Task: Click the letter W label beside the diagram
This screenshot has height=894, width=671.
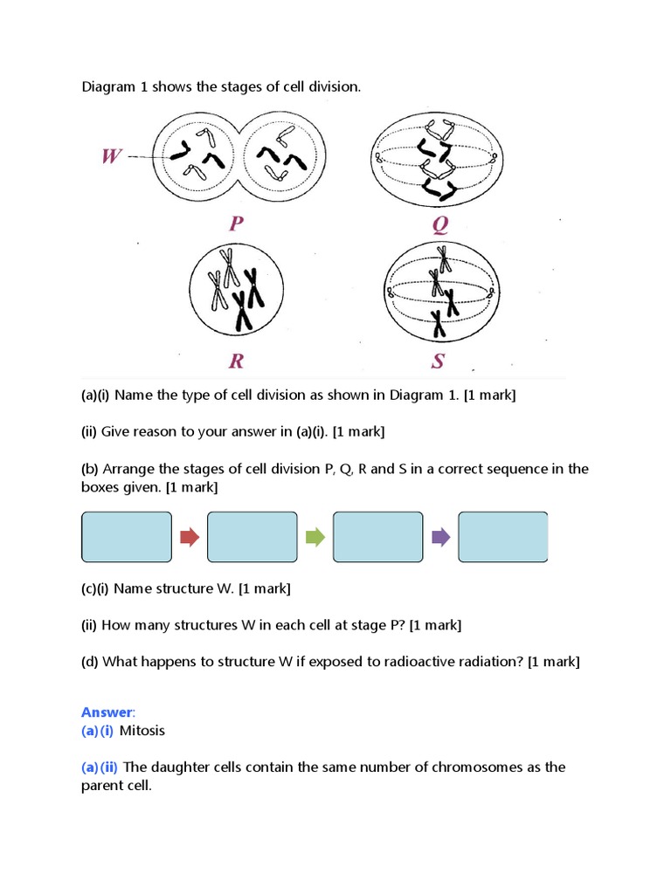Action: tap(111, 157)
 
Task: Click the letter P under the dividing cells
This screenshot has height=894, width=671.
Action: tap(236, 224)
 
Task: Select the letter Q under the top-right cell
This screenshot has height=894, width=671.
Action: tap(439, 225)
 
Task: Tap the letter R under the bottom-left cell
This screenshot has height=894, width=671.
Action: tap(235, 361)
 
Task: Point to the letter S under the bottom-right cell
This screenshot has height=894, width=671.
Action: tap(439, 361)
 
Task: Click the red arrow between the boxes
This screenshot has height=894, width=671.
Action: tap(190, 537)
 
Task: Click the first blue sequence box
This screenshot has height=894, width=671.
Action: tap(127, 537)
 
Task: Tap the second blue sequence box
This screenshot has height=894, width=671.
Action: tap(252, 537)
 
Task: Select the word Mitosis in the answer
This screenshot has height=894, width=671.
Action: tap(142, 731)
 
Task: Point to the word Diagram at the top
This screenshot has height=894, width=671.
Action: tap(108, 87)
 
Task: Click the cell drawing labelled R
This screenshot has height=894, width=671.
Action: tap(235, 290)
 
